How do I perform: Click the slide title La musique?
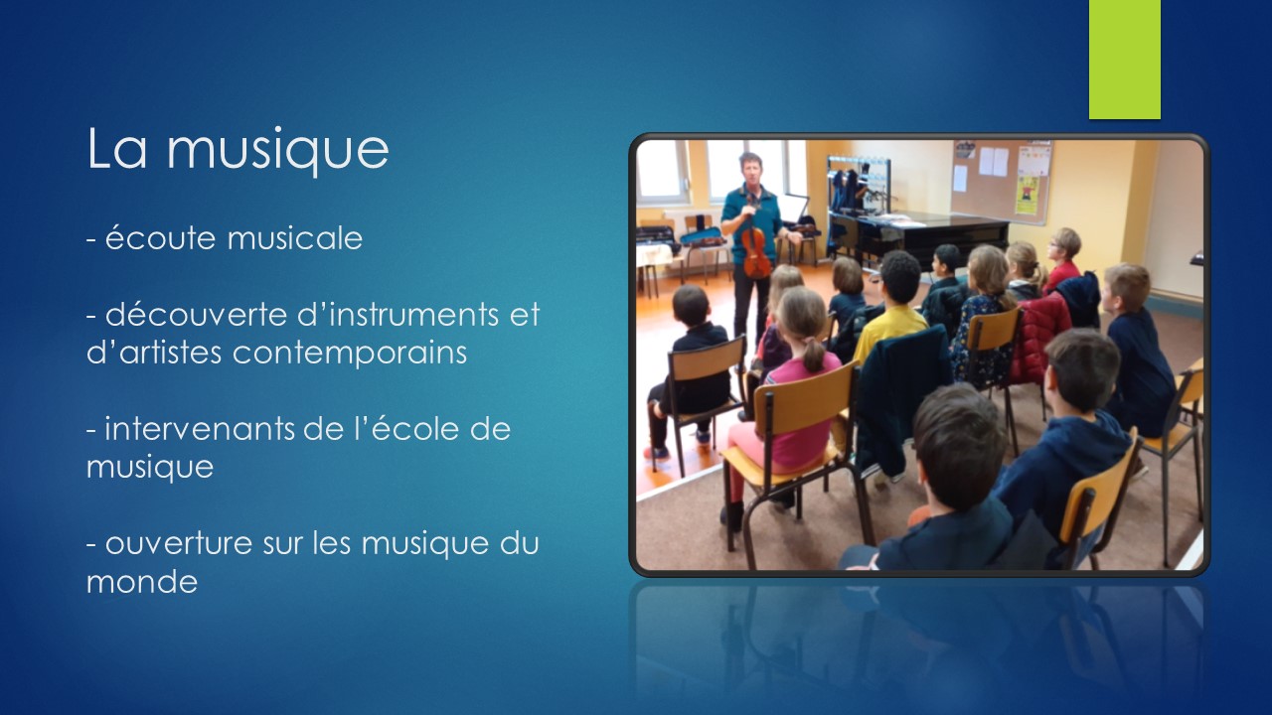pos(238,148)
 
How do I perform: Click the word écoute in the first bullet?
pos(160,237)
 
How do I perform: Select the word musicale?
pos(295,237)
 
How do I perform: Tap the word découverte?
pos(196,314)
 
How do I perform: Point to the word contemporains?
pos(349,354)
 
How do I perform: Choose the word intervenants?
pos(200,429)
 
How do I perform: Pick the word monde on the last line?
pos(142,582)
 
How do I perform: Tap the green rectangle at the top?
pos(1124,59)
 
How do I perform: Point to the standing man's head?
pos(750,169)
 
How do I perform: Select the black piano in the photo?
pos(920,238)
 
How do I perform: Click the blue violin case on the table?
pos(703,236)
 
